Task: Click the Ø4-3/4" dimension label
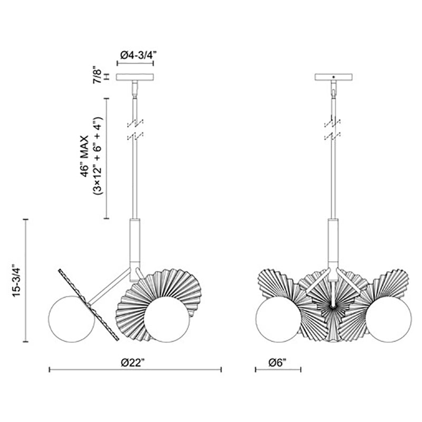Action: tap(138, 55)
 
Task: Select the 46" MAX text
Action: tap(84, 156)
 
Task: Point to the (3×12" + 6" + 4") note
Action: tap(97, 156)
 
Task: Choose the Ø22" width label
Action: tap(135, 363)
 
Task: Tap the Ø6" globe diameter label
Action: tap(278, 363)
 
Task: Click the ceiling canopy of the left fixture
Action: tap(135, 77)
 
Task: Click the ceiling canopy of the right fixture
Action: tap(334, 77)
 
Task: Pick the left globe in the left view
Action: tap(71, 319)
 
